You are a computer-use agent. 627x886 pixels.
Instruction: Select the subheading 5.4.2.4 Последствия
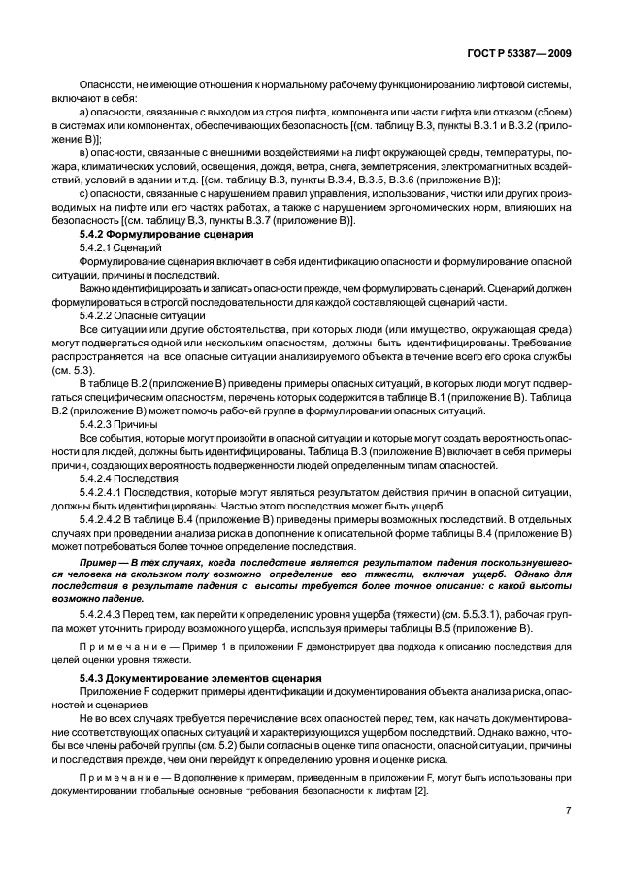(122, 478)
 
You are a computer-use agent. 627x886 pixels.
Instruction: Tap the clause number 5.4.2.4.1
(105, 492)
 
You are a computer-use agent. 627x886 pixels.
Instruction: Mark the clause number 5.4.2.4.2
(105, 519)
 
